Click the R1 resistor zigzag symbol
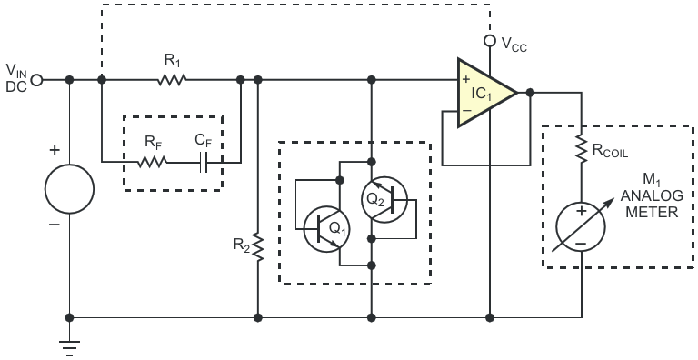pyautogui.click(x=172, y=80)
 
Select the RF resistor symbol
pyautogui.click(x=153, y=162)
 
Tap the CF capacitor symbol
pyautogui.click(x=204, y=162)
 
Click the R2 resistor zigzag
pyautogui.click(x=258, y=246)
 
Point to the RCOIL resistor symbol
pyautogui.click(x=582, y=148)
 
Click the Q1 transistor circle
pyautogui.click(x=326, y=229)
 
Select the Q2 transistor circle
pyautogui.click(x=384, y=200)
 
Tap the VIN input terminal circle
pyautogui.click(x=36, y=80)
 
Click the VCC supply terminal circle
pyautogui.click(x=490, y=41)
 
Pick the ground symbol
pyautogui.click(x=69, y=347)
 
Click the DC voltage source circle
pyautogui.click(x=69, y=188)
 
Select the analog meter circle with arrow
pyautogui.click(x=581, y=226)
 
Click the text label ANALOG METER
pyautogui.click(x=652, y=204)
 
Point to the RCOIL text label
pyautogui.click(x=610, y=151)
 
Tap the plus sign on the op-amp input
pyautogui.click(x=466, y=80)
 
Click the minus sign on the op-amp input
pyautogui.click(x=466, y=110)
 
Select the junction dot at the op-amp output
pyautogui.click(x=530, y=93)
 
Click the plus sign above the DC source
pyautogui.click(x=55, y=150)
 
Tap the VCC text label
pyautogui.click(x=514, y=45)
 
